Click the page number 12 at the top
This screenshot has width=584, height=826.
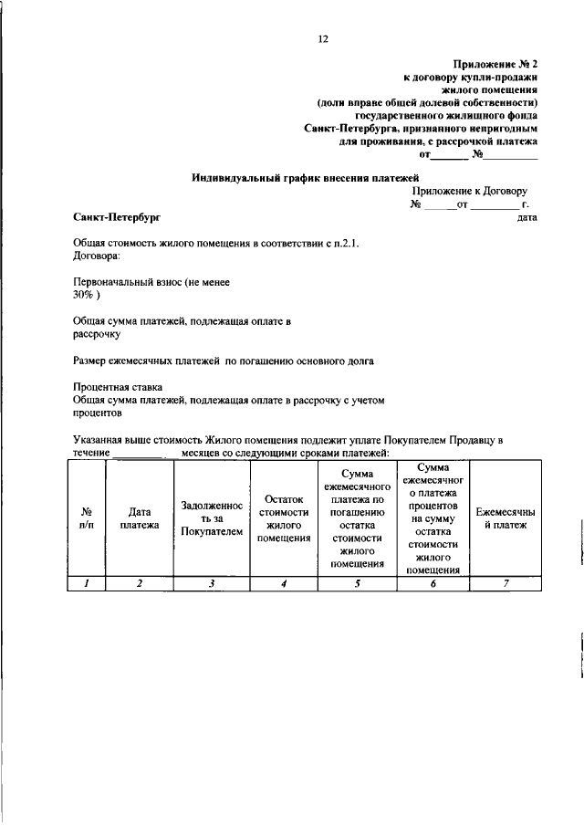point(322,38)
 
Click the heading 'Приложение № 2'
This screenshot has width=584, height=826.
point(495,64)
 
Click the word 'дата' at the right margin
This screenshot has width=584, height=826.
point(527,217)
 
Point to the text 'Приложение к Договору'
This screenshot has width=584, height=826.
point(469,192)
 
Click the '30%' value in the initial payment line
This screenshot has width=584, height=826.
point(84,296)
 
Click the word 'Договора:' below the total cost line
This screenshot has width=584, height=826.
point(96,256)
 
